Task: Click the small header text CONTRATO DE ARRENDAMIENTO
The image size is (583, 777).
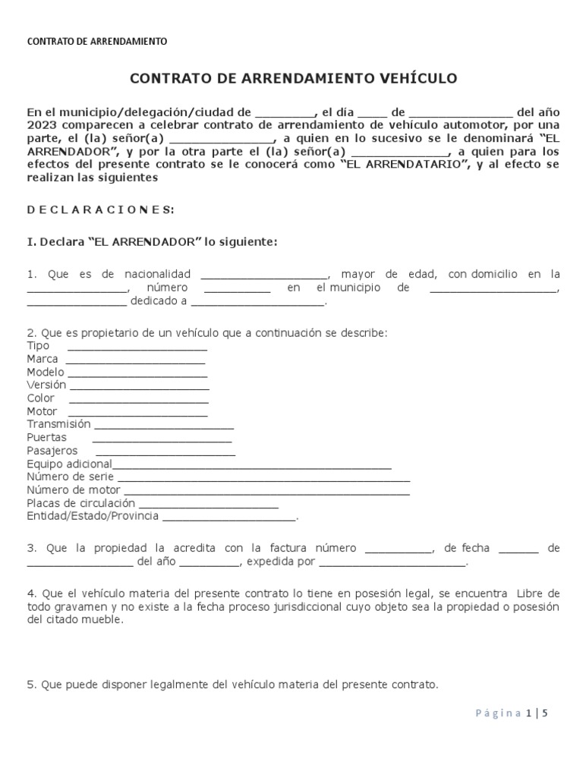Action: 96,42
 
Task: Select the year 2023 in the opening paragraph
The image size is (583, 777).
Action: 39,124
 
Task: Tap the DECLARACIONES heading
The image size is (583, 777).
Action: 100,209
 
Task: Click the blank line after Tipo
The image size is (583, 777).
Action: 137,348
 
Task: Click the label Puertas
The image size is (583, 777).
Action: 46,438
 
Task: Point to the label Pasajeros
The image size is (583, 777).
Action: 52,451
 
